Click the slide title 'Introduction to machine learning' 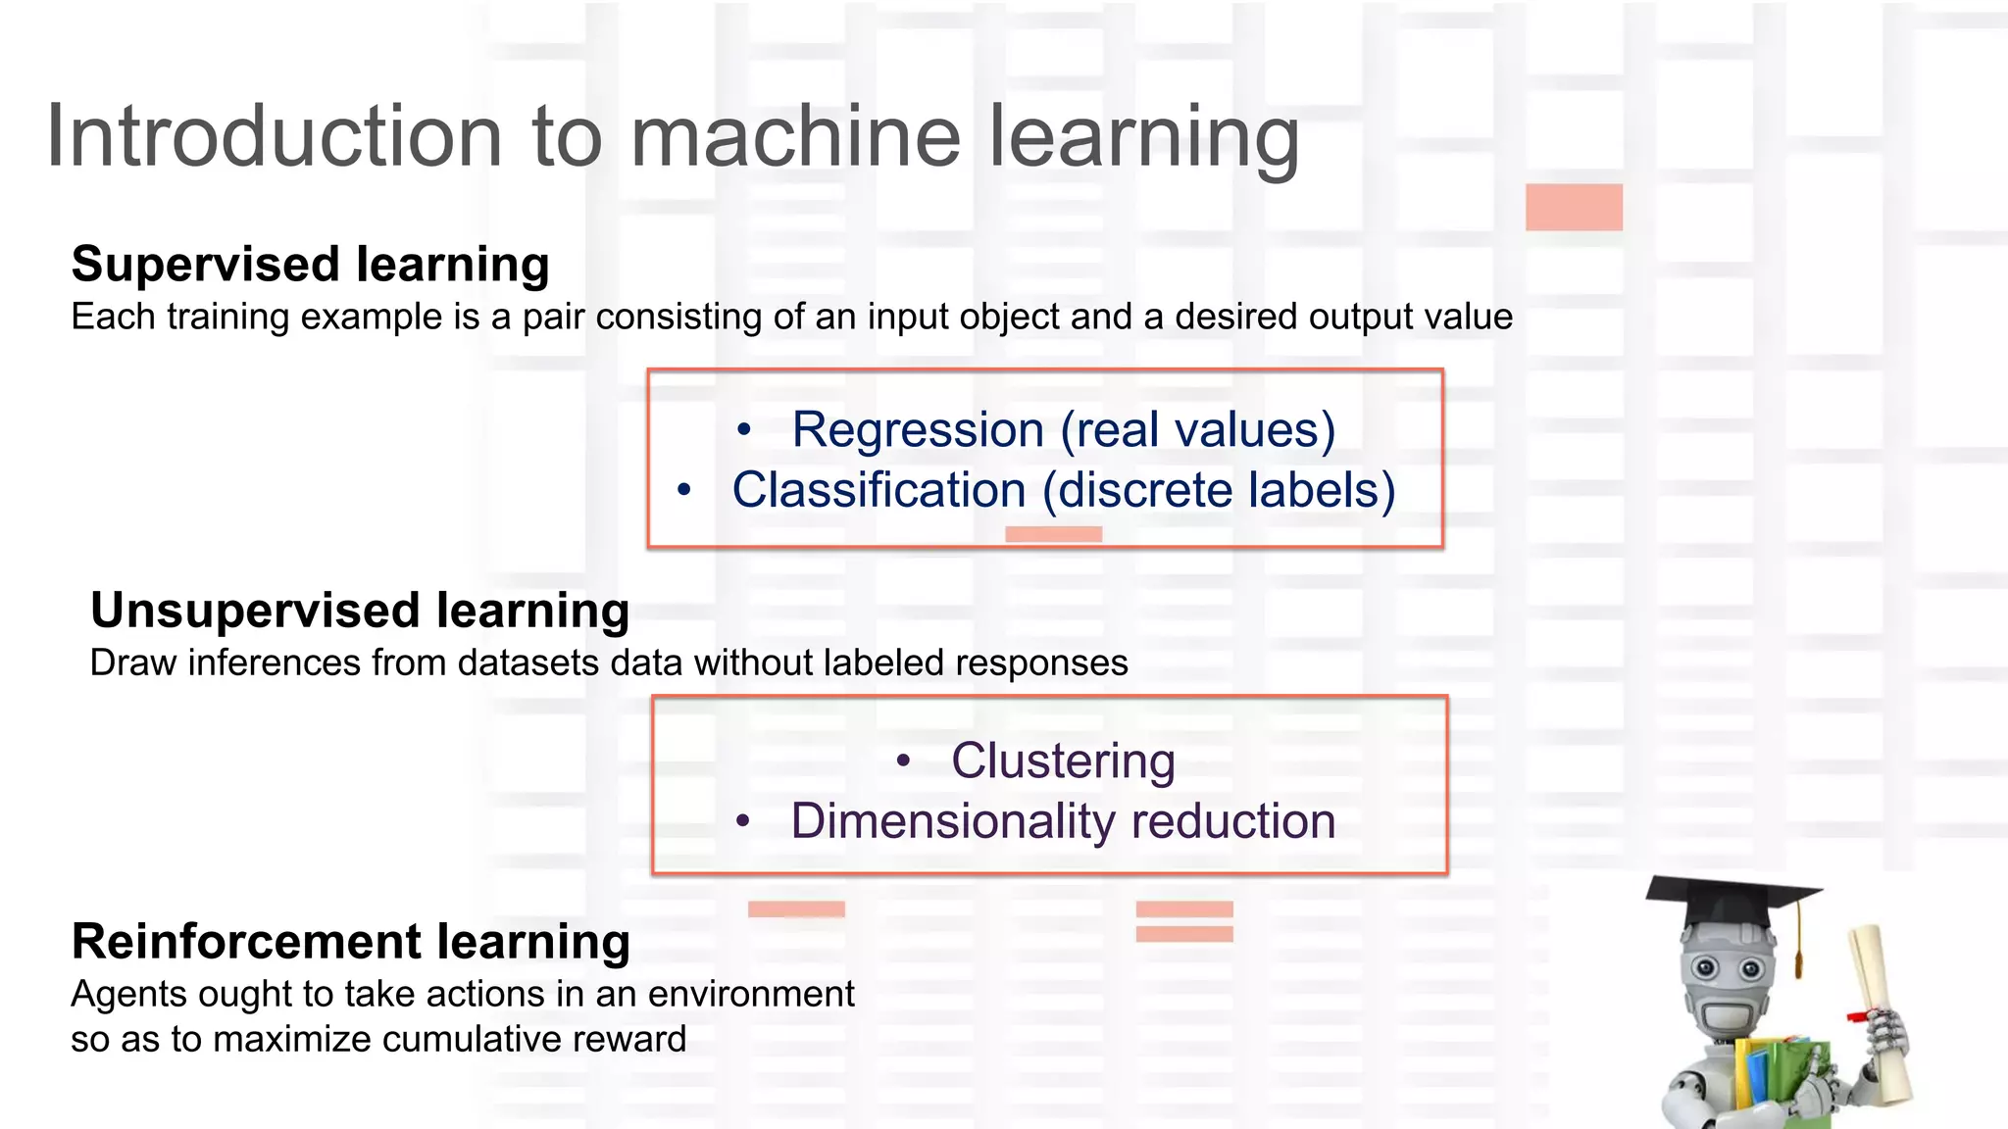click(x=673, y=137)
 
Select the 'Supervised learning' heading click(x=310, y=265)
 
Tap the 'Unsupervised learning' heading click(x=360, y=611)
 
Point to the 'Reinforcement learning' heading click(x=350, y=942)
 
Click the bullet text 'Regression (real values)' click(x=1064, y=430)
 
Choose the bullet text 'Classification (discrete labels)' click(x=1064, y=490)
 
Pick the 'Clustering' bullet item click(x=1063, y=761)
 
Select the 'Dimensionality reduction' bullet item click(x=1063, y=821)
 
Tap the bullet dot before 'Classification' click(x=684, y=489)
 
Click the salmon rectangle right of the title click(x=1574, y=207)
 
